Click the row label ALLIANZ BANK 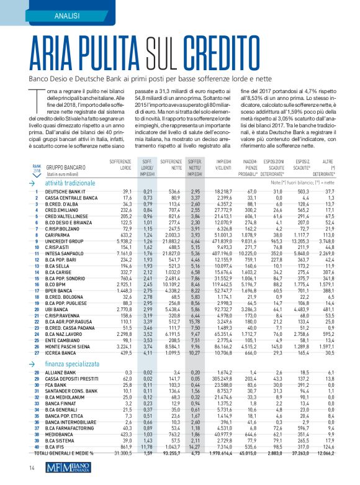pos(61,372)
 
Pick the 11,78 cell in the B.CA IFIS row pos(146,448)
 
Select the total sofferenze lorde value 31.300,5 pos(115,455)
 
